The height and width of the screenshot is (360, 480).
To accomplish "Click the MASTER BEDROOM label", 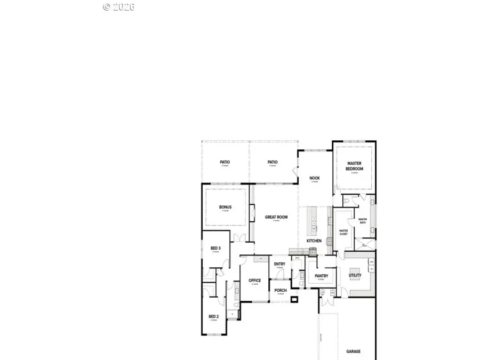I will pyautogui.click(x=355, y=166).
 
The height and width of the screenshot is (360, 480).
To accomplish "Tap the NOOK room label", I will pyautogui.click(x=315, y=178).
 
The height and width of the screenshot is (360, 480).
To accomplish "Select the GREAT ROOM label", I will pyautogui.click(x=276, y=217).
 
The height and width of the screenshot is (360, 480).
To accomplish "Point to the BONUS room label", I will pyautogui.click(x=225, y=207).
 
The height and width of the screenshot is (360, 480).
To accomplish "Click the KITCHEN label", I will pyautogui.click(x=314, y=241).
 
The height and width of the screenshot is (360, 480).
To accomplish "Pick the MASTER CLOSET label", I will pyautogui.click(x=343, y=232).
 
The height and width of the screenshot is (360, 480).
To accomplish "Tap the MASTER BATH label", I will pyautogui.click(x=363, y=220).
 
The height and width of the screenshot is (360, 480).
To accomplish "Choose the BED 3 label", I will pyautogui.click(x=215, y=249).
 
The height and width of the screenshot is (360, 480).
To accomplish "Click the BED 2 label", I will pyautogui.click(x=213, y=316).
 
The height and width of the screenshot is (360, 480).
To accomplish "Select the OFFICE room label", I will pyautogui.click(x=254, y=280).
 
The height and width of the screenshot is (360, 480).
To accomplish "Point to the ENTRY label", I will pyautogui.click(x=279, y=264).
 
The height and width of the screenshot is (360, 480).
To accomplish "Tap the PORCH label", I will pyautogui.click(x=281, y=291).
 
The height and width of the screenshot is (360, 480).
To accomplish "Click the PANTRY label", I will pyautogui.click(x=321, y=276).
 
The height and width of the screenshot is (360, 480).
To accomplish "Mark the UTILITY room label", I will pyautogui.click(x=355, y=275).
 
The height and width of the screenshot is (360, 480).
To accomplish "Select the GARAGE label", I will pyautogui.click(x=353, y=351).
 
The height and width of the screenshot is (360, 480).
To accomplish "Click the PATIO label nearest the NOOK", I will pyautogui.click(x=273, y=162).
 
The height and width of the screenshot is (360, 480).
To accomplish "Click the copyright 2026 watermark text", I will pyautogui.click(x=119, y=7).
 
